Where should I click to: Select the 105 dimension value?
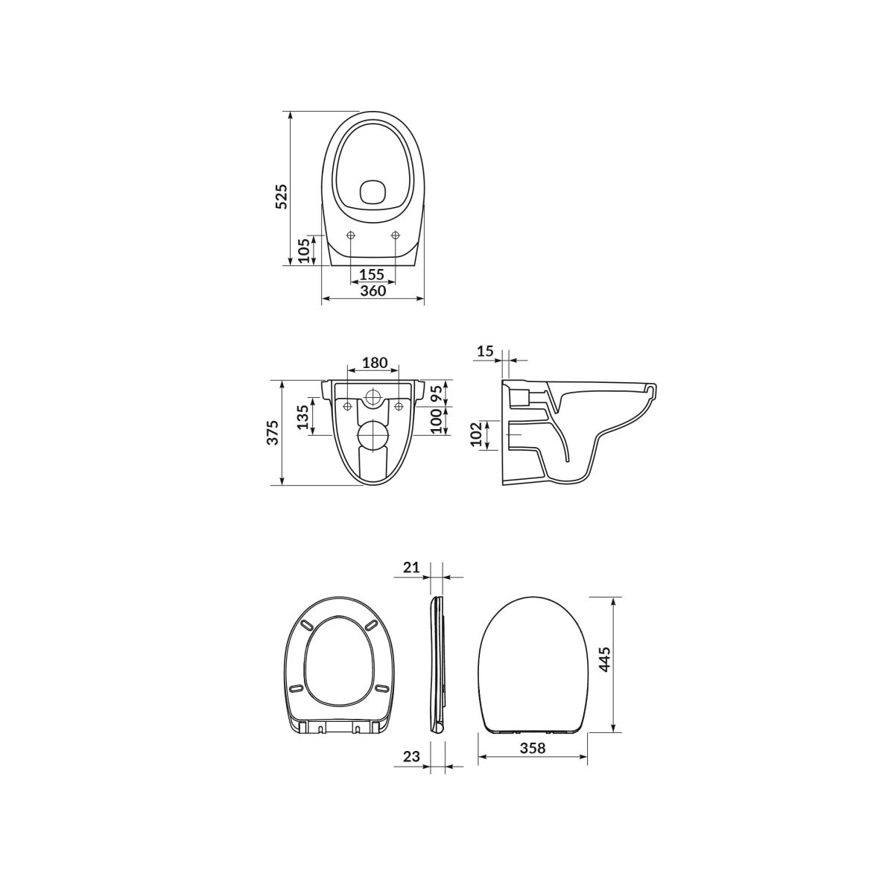pos(303,250)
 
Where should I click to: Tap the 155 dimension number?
pos(372,274)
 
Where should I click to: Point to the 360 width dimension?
pos(372,291)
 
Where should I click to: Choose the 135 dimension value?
pos(302,417)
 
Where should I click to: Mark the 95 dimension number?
pos(436,393)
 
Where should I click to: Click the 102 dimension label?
pos(476,434)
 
